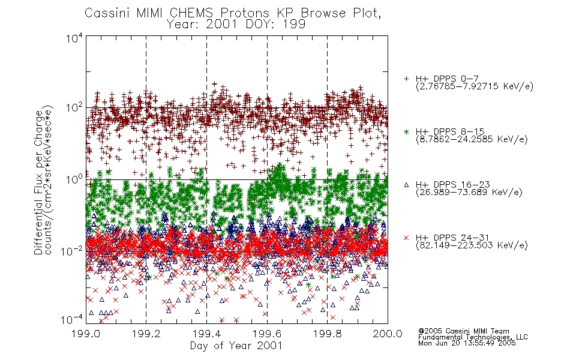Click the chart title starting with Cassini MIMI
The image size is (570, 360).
click(x=233, y=18)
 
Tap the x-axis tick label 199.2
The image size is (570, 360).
click(x=146, y=334)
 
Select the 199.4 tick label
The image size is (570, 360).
click(x=206, y=334)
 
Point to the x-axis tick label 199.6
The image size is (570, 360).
click(x=267, y=334)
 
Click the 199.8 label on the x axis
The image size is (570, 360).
click(x=327, y=334)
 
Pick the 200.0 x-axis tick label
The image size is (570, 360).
click(x=388, y=334)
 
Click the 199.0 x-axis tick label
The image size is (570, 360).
click(x=86, y=334)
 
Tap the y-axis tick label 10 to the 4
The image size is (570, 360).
click(x=74, y=38)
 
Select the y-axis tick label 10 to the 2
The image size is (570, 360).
click(x=74, y=109)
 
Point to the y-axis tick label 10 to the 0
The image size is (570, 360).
click(x=74, y=179)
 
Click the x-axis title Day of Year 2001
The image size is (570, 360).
click(x=236, y=346)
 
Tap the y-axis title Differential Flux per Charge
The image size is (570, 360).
click(x=38, y=182)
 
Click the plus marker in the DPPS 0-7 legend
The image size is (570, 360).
click(x=407, y=79)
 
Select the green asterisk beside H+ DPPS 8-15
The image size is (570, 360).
click(x=407, y=131)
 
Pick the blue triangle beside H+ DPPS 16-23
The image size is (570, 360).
click(x=407, y=185)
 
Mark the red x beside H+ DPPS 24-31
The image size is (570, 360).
click(x=407, y=238)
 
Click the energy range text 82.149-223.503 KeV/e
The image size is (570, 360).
click(x=472, y=245)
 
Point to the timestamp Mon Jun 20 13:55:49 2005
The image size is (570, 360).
click(x=467, y=343)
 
